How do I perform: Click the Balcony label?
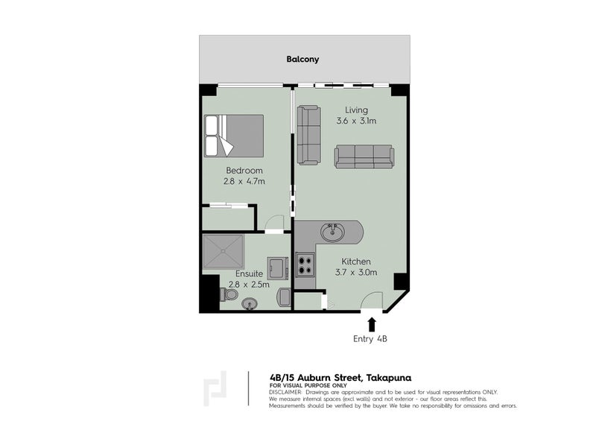(302, 59)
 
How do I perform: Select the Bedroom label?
(244, 169)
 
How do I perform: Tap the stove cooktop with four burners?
(305, 265)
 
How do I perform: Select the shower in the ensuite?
(223, 252)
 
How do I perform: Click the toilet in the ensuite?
(230, 295)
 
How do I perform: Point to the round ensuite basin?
(251, 303)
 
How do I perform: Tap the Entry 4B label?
(371, 340)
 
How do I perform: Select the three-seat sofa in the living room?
(364, 156)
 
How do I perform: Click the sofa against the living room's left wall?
(308, 135)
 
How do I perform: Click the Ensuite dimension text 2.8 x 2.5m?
(249, 284)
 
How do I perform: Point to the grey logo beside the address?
(215, 389)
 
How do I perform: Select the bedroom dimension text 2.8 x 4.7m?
(244, 181)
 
